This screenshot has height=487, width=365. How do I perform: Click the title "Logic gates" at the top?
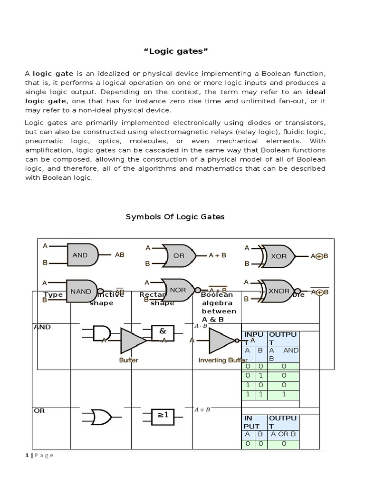182,51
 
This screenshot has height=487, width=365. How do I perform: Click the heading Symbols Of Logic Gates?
175,217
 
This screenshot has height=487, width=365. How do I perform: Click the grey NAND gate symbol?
82,291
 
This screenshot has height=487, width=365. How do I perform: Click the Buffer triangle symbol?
132,341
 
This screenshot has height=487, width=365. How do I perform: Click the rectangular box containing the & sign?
163,332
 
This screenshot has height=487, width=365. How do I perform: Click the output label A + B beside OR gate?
217,255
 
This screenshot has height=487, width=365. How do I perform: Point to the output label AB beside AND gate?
119,255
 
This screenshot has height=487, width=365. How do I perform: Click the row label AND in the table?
42,327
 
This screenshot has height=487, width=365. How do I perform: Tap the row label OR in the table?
39,410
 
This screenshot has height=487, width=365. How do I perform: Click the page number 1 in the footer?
27,455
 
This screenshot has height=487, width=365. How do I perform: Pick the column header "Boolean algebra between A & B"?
219,307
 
